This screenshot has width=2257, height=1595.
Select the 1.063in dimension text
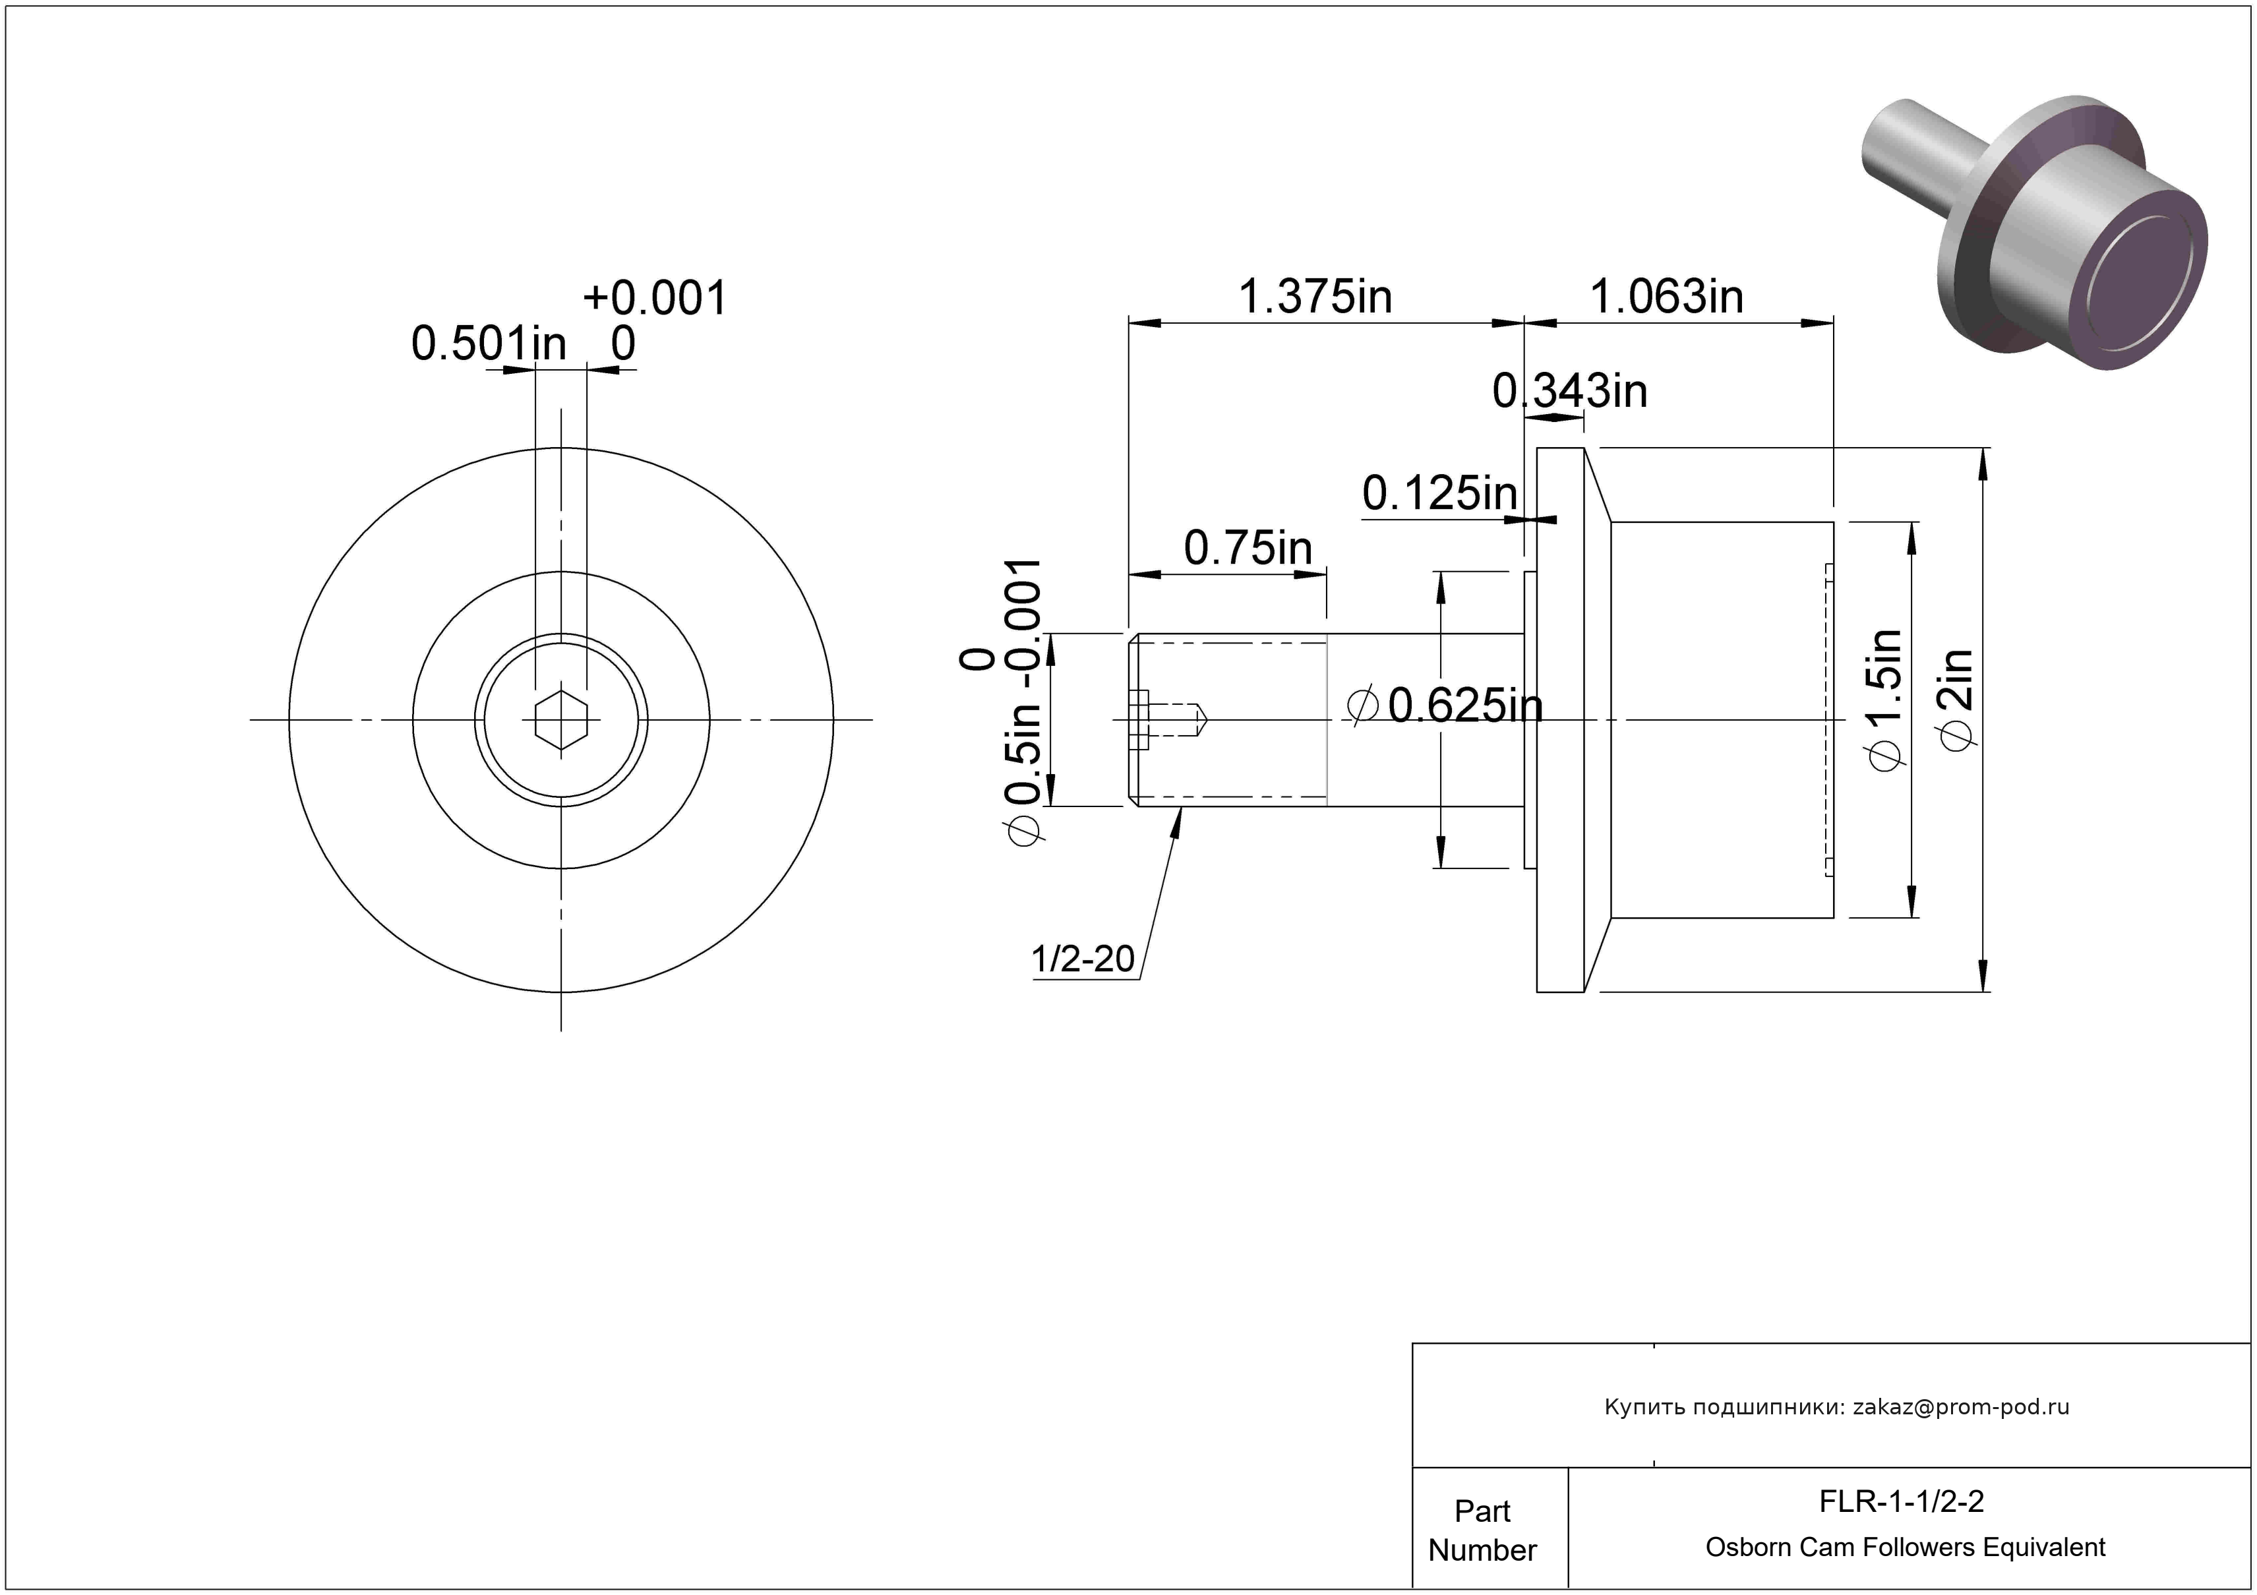pyautogui.click(x=1666, y=297)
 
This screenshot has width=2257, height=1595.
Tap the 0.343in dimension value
pyautogui.click(x=1570, y=391)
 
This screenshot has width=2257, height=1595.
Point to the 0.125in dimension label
pyautogui.click(x=1440, y=493)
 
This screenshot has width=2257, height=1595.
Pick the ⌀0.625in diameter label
pyautogui.click(x=1445, y=706)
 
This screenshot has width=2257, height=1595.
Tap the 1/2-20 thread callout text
pyautogui.click(x=1082, y=959)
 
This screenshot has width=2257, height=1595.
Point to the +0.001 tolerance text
pyautogui.click(x=655, y=298)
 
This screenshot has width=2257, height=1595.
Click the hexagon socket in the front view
pyautogui.click(x=561, y=720)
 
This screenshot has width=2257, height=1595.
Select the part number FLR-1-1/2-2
pyautogui.click(x=1901, y=1501)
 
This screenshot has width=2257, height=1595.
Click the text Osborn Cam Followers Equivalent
pyautogui.click(x=1905, y=1548)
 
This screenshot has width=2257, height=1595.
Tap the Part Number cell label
pyautogui.click(x=1482, y=1530)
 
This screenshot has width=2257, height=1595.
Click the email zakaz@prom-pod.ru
pyautogui.click(x=1961, y=1407)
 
